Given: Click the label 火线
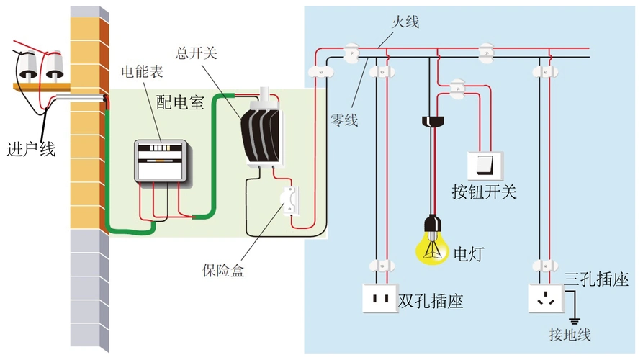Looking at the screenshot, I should point(405,22).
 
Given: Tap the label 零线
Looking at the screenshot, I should point(343,120).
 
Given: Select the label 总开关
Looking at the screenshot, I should point(196,53).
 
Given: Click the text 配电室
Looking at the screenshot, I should point(181,102).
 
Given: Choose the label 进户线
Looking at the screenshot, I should point(30,149).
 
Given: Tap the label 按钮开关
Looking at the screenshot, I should point(484,192).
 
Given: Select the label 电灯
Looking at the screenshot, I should point(469,253).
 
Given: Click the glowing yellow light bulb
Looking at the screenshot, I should point(432,243).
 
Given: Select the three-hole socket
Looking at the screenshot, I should point(545,298).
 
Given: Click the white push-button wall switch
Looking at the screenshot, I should point(482,165).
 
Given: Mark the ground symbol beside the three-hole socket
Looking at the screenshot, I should point(575,318).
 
